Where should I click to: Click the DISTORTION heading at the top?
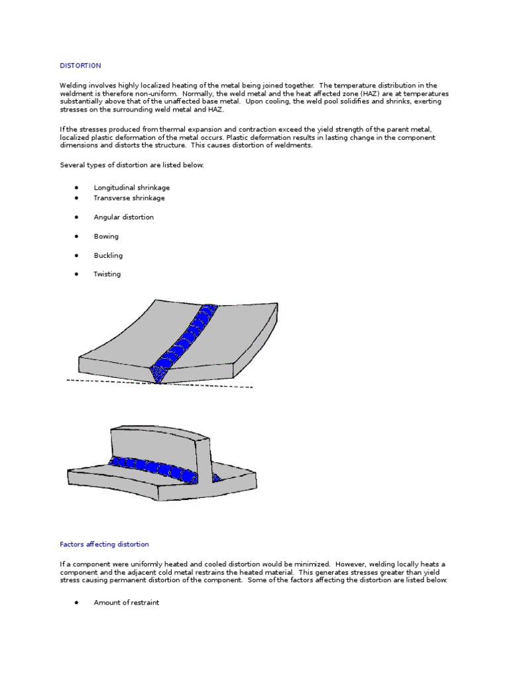point(80,66)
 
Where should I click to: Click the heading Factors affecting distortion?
point(104,544)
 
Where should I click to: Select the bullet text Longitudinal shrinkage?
point(131,188)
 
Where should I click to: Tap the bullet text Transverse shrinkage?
point(129,198)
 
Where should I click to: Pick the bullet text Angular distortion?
point(123,217)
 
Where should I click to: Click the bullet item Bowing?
point(106,236)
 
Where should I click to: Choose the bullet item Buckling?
point(108,255)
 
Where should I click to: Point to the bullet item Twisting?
point(107,275)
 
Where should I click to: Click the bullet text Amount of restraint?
point(126,603)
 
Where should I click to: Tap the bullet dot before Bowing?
point(78,236)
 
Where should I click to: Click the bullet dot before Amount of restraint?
point(78,603)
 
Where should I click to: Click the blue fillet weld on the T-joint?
point(152,467)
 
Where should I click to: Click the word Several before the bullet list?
point(73,165)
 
